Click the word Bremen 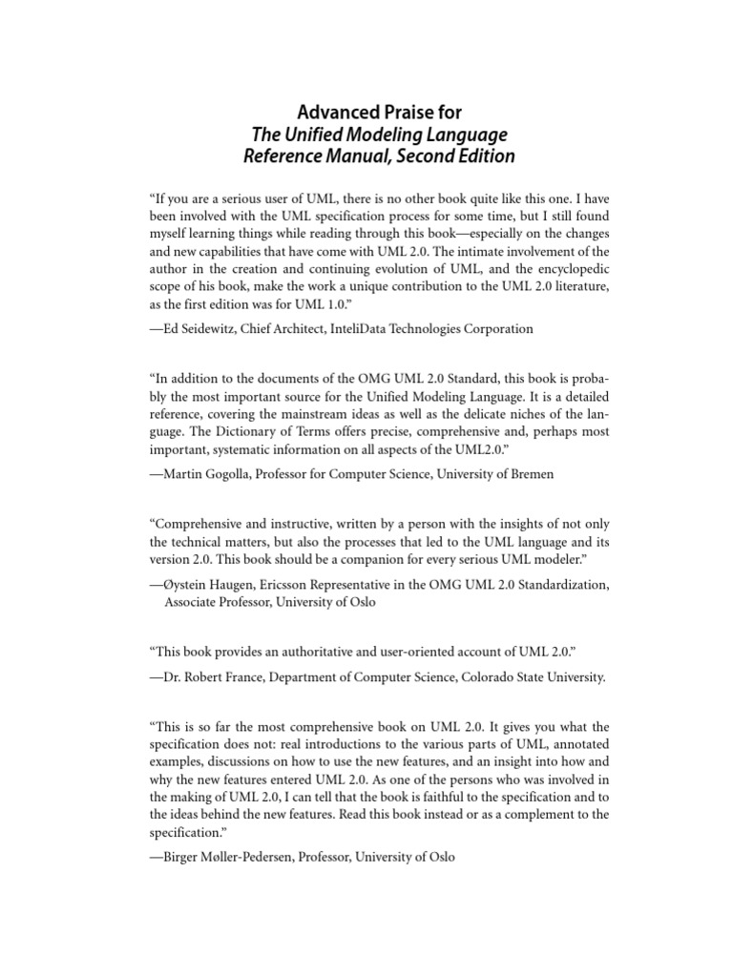click(x=528, y=473)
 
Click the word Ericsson click(x=301, y=583)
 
